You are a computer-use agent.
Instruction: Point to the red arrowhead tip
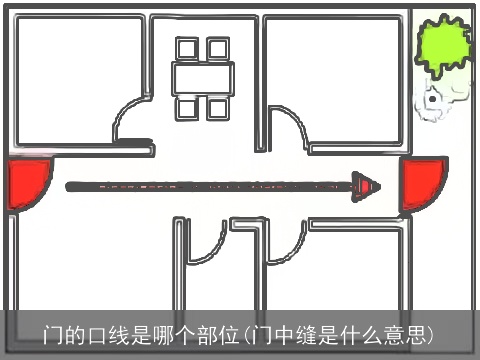[377, 185]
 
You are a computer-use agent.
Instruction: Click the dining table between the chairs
[203, 77]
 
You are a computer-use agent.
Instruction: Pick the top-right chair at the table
[218, 48]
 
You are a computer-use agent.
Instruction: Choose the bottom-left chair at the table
[187, 107]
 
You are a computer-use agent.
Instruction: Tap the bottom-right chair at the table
[218, 107]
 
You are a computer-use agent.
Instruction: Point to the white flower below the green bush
[433, 99]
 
